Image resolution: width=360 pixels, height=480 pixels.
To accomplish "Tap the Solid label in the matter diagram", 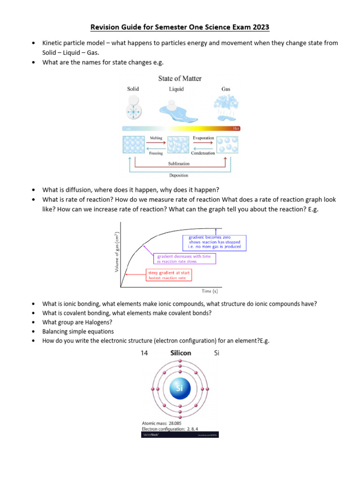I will click(x=133, y=89).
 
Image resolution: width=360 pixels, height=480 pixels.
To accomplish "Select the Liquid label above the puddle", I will click(x=176, y=89).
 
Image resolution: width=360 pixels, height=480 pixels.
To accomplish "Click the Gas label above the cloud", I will click(x=226, y=89).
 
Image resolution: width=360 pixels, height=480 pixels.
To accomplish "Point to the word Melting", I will click(x=156, y=138).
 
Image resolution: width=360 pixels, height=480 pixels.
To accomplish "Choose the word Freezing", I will click(x=156, y=153).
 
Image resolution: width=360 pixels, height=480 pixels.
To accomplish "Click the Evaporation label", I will click(x=203, y=138).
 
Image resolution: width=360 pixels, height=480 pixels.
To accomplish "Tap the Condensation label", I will click(x=203, y=153).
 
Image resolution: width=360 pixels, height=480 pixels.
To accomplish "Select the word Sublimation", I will click(x=179, y=164).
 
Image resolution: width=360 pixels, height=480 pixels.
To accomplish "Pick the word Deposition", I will click(x=179, y=175).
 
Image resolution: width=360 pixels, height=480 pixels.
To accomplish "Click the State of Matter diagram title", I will click(x=180, y=78).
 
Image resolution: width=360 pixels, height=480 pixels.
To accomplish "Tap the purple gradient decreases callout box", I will click(x=184, y=259).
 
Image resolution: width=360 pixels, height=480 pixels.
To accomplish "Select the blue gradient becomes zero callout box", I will click(x=214, y=242).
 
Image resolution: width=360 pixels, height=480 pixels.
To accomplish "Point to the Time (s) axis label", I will click(x=210, y=291).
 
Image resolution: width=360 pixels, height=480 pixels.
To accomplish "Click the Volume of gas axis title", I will click(x=117, y=252).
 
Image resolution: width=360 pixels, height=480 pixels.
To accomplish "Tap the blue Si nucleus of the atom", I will click(x=180, y=388).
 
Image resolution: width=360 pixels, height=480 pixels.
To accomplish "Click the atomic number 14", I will click(x=144, y=353).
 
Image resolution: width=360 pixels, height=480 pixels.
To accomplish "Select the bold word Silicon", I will click(x=180, y=353).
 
